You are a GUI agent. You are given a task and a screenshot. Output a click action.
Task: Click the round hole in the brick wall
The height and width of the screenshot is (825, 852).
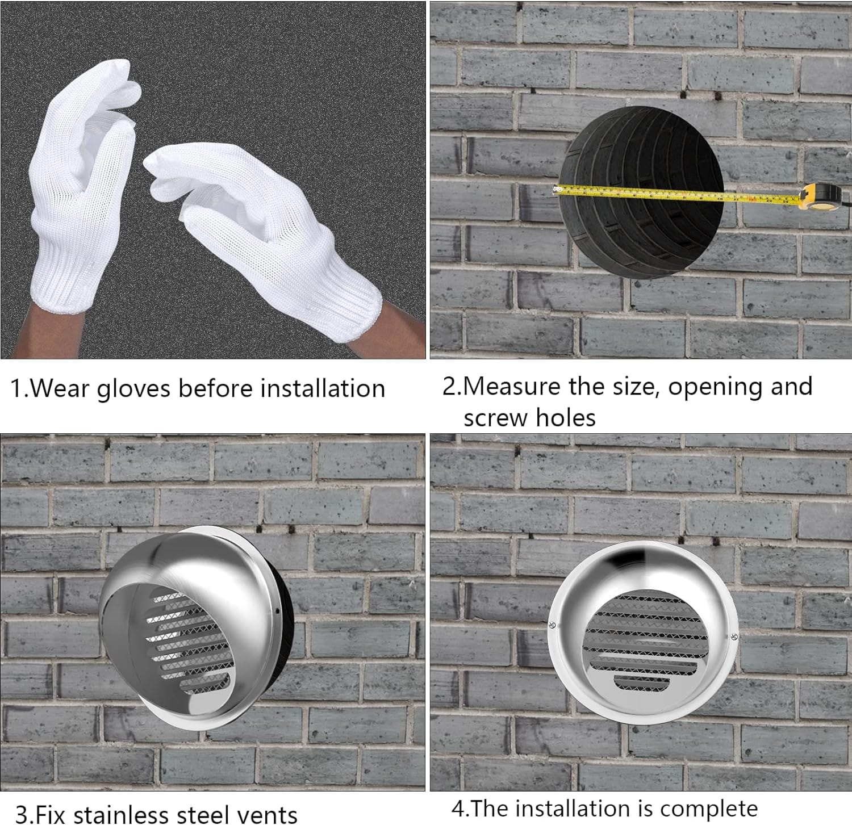coord(641,193)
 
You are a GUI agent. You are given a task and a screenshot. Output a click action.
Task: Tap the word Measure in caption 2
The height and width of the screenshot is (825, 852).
coord(507,387)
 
